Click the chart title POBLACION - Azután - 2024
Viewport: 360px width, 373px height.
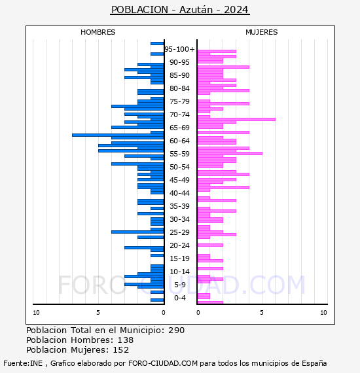click(180, 10)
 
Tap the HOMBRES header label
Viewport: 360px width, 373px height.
click(98, 32)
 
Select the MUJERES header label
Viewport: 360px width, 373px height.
click(262, 32)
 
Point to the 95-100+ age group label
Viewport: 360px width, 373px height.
click(179, 49)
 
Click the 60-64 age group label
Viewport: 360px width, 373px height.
click(179, 141)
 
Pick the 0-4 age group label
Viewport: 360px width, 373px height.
click(179, 298)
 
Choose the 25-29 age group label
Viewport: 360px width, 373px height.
click(179, 232)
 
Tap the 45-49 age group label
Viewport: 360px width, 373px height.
click(179, 180)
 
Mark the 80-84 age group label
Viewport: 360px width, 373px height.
click(179, 88)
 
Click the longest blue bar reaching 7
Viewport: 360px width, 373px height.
click(118, 135)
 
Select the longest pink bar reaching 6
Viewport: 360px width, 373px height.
click(236, 119)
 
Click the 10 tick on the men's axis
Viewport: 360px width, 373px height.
click(36, 313)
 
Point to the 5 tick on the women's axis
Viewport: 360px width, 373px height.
click(262, 313)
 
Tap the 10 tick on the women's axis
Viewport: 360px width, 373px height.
click(323, 313)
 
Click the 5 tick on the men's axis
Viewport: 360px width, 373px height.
click(98, 313)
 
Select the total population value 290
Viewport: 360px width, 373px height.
click(176, 330)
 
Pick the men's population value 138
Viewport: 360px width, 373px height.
click(126, 340)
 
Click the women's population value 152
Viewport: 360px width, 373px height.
click(121, 350)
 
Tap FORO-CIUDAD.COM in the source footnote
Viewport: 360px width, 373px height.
click(163, 363)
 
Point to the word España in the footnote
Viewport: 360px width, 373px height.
click(314, 364)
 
